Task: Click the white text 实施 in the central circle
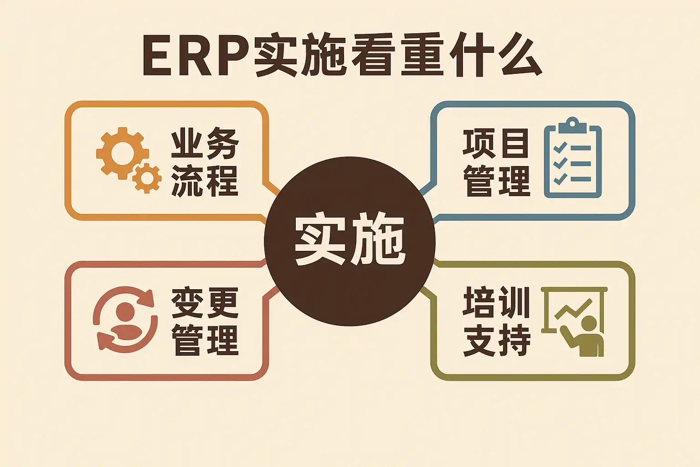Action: [x=350, y=239]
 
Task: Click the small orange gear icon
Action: [x=147, y=178]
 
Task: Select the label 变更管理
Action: [x=205, y=321]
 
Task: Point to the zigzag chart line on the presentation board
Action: [x=572, y=310]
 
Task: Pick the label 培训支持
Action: [x=496, y=321]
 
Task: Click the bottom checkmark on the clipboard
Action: [x=560, y=178]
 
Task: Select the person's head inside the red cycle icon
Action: [x=125, y=312]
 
